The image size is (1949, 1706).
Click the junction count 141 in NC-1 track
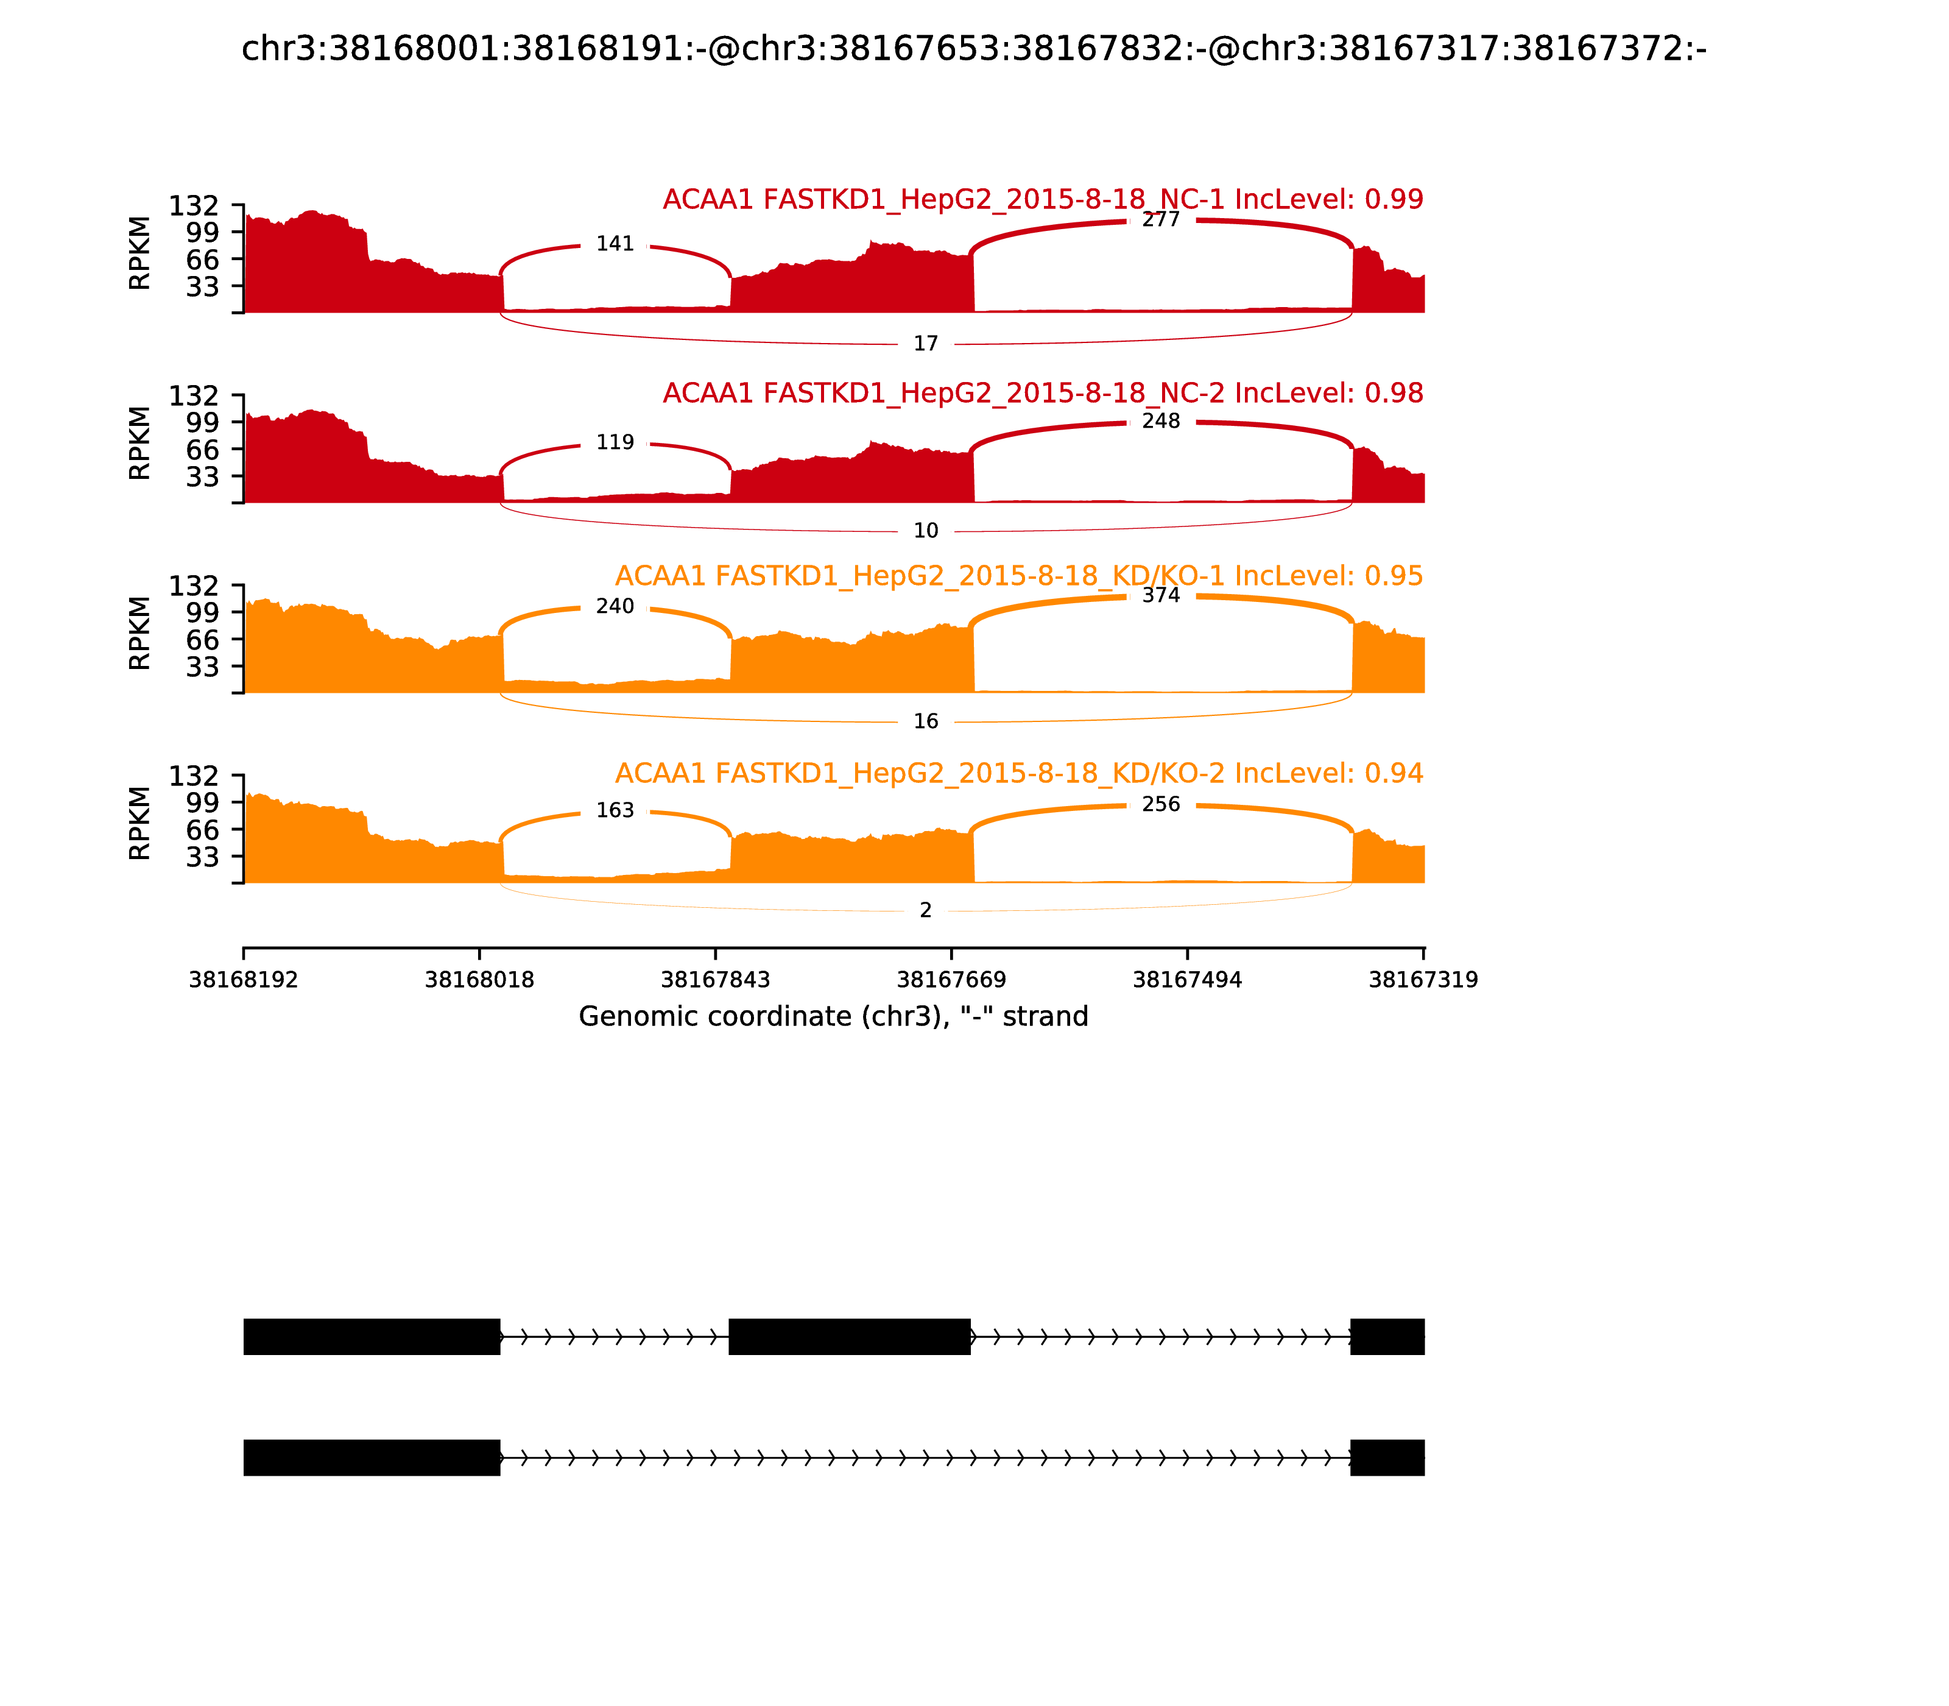(615, 244)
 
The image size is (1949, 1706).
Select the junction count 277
(1160, 220)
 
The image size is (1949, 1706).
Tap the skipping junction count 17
(925, 344)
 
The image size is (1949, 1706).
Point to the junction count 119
(615, 443)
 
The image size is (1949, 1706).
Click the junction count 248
(1160, 421)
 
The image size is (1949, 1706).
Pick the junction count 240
(615, 606)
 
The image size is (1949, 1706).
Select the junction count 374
(1160, 595)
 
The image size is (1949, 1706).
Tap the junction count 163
(615, 810)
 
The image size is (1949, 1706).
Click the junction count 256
(1160, 804)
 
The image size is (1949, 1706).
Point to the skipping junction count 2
(925, 911)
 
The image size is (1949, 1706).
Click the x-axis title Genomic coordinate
(833, 1017)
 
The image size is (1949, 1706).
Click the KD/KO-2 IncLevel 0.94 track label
(1018, 773)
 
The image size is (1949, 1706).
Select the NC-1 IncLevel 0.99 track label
(1042, 200)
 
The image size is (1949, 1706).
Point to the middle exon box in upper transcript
(849, 1337)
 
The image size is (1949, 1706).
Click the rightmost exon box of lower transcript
(1387, 1457)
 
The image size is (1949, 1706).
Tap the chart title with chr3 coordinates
(973, 49)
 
